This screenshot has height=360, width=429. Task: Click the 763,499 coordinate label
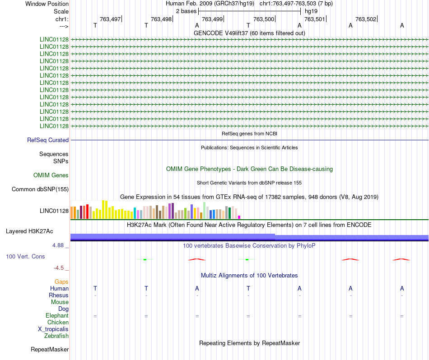click(x=212, y=19)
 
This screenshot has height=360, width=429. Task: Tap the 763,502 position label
click(x=366, y=19)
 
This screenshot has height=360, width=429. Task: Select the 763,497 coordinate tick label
click(x=110, y=19)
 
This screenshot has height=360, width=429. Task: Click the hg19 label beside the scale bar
click(x=311, y=11)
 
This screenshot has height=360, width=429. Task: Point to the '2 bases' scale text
click(x=186, y=11)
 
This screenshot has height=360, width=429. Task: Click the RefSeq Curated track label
click(x=48, y=140)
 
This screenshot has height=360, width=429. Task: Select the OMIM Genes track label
click(x=51, y=175)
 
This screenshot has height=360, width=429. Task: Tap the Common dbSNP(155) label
click(x=40, y=189)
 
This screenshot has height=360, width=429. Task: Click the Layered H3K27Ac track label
click(x=29, y=231)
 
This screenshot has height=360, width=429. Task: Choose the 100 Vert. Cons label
click(x=25, y=256)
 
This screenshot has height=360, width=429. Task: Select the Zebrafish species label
click(x=56, y=336)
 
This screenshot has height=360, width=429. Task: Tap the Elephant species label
click(x=57, y=316)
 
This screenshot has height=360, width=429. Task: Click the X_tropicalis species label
click(x=53, y=329)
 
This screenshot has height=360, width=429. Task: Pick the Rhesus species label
click(x=59, y=295)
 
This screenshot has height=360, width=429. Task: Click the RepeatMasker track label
click(x=50, y=350)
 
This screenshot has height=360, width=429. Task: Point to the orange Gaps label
click(x=61, y=282)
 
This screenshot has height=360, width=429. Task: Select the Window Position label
click(x=47, y=4)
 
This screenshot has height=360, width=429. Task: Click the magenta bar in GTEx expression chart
click(x=239, y=217)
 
